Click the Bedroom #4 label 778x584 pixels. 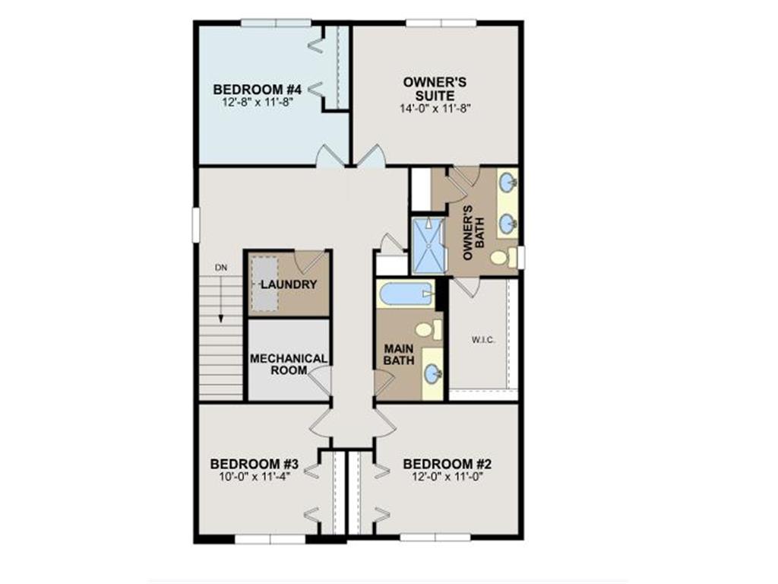[257, 90]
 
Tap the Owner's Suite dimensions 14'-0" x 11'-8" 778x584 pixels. [435, 108]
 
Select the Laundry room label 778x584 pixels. [289, 284]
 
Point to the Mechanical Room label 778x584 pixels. [288, 364]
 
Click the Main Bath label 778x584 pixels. [399, 354]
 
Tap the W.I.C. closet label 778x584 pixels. [482, 340]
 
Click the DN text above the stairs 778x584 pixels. [221, 268]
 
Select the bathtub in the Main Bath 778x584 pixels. [406, 294]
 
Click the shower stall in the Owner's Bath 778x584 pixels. [430, 246]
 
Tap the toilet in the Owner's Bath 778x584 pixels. [504, 257]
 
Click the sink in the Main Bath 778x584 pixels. [433, 373]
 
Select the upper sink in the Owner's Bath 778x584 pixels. [508, 183]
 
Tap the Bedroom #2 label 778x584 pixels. [447, 465]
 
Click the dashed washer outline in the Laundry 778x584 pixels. [264, 284]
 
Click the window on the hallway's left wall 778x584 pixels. [195, 225]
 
